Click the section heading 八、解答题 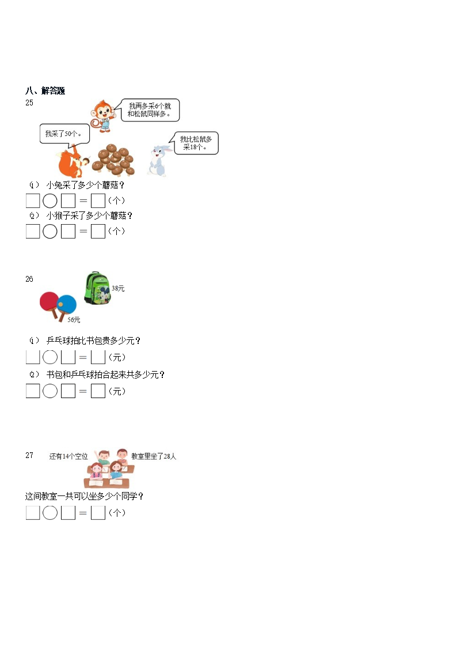[45, 91]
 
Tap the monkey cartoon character [104, 113]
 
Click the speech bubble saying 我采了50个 [64, 134]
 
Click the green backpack [97, 288]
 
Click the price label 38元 [118, 288]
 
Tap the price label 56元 [74, 320]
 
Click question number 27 [29, 455]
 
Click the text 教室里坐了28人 [154, 456]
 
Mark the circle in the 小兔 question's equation [50, 200]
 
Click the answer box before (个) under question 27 [98, 513]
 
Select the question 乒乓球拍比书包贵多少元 [93, 340]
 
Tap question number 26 [29, 279]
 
